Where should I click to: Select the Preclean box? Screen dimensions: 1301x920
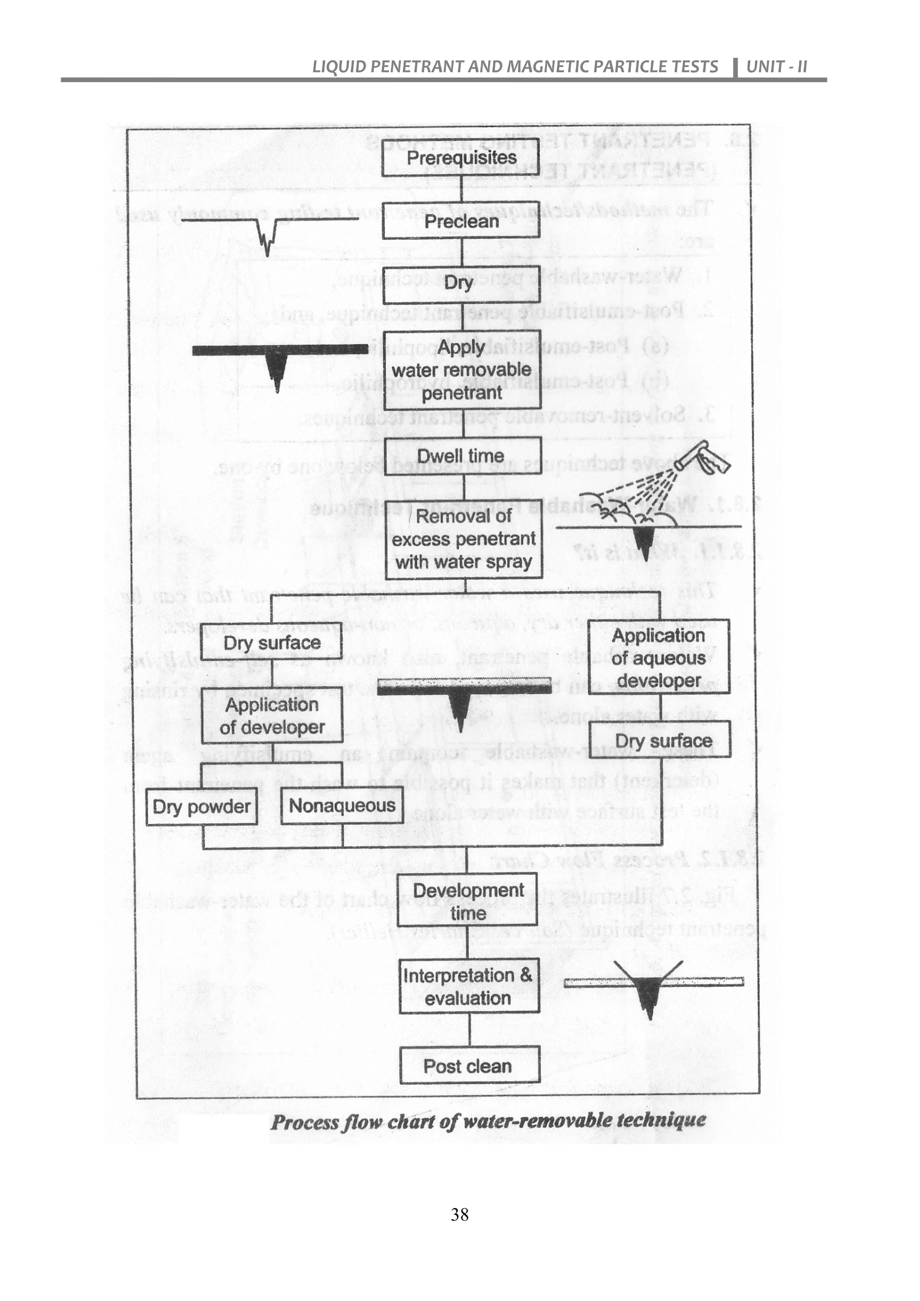(x=462, y=221)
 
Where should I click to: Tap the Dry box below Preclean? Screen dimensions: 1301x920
(x=462, y=283)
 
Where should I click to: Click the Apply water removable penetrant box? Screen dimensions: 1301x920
(x=462, y=370)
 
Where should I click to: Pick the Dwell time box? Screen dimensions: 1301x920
(x=462, y=456)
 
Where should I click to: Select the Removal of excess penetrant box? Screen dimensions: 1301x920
(x=464, y=539)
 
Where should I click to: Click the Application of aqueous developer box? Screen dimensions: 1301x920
(x=658, y=657)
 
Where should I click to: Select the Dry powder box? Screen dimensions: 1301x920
(x=201, y=807)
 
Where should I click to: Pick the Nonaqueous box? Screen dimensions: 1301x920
(x=342, y=806)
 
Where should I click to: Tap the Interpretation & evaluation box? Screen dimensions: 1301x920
(x=469, y=987)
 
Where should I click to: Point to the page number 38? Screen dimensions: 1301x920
(x=460, y=1214)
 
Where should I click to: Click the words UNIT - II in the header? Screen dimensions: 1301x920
(x=777, y=67)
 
